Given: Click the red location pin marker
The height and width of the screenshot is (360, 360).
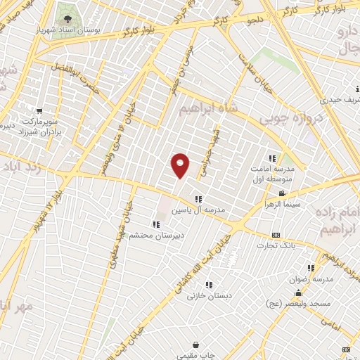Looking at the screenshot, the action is pos(180,165).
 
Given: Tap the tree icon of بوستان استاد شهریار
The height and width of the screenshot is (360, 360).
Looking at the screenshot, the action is pos(67,19).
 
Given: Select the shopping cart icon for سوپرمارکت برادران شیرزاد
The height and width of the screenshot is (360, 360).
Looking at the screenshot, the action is pos(39,111).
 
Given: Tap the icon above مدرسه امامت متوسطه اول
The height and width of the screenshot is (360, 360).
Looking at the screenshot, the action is pos(272,158).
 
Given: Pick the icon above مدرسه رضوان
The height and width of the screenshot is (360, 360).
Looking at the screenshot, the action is pos(311,268).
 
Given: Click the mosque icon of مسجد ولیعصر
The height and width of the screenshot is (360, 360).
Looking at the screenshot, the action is pos(298,293).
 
